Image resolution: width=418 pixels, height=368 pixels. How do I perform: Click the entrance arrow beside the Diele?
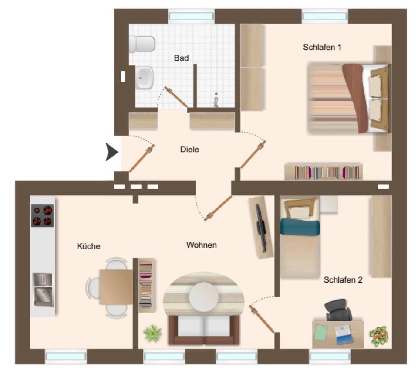click(111, 152)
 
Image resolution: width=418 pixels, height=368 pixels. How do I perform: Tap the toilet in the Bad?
click(142, 44)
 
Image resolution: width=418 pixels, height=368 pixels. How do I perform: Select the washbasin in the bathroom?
click(144, 78)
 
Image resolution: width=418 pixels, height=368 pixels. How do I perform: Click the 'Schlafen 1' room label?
click(322, 47)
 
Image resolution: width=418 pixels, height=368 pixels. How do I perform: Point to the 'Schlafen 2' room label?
click(343, 280)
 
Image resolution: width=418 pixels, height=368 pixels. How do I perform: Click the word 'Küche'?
click(88, 246)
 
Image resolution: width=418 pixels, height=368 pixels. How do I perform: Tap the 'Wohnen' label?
click(201, 245)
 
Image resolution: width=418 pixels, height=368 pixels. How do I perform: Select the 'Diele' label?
click(189, 150)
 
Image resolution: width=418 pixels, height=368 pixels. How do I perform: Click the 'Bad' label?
click(181, 58)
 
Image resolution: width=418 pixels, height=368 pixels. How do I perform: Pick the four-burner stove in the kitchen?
click(42, 216)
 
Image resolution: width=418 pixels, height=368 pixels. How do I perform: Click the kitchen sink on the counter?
click(43, 290)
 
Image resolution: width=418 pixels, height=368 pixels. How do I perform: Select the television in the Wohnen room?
click(261, 228)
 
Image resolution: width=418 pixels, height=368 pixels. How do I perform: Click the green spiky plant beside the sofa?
click(152, 333)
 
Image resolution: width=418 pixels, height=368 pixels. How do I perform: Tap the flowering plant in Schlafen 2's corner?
click(378, 335)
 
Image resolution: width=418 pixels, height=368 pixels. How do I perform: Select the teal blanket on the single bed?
click(300, 227)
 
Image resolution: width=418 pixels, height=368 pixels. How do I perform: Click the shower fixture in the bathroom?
click(216, 100)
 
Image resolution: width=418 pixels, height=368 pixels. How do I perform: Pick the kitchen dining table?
click(116, 287)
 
